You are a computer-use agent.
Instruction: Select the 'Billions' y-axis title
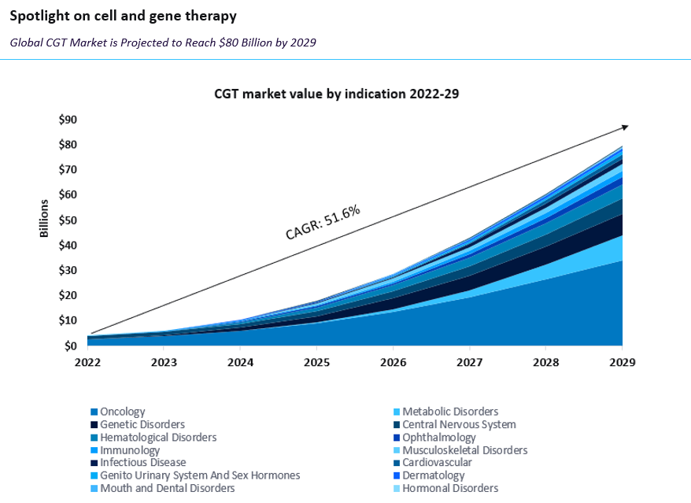coord(44,219)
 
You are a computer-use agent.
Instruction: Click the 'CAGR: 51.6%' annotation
coord(323,222)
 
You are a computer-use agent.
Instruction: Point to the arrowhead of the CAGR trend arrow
coord(624,126)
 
